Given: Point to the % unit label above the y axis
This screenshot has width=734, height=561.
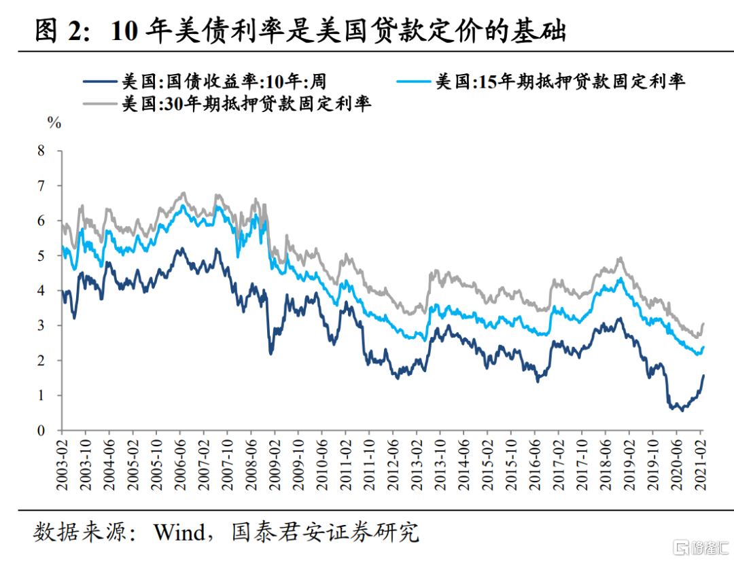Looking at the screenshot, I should (x=54, y=123).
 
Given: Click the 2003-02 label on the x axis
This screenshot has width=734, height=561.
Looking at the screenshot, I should (x=62, y=463).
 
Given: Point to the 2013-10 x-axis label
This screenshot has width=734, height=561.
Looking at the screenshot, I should (x=440, y=463).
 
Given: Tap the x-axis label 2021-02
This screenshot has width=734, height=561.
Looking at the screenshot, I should (x=701, y=463).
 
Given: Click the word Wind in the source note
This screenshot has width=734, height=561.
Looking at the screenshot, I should (x=179, y=532).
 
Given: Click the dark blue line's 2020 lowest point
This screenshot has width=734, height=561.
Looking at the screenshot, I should (x=681, y=410).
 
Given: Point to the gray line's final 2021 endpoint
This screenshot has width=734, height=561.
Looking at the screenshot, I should (x=703, y=323).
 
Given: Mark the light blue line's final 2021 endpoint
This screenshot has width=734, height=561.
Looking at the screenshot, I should (x=703, y=346).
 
